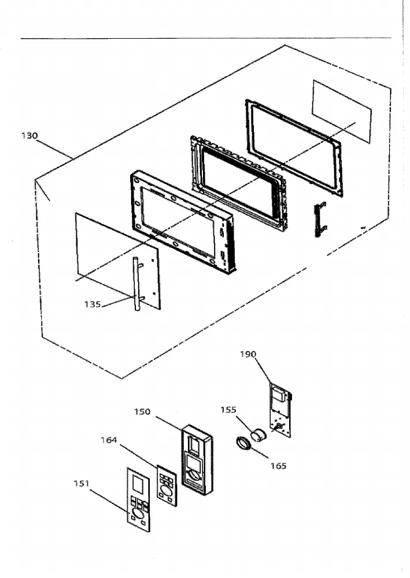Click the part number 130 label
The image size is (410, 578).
[29, 136]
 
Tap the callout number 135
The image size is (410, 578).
[92, 304]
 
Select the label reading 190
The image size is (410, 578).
[248, 354]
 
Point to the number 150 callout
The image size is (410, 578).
[142, 412]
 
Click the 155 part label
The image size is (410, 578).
[228, 410]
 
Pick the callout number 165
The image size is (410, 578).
[278, 466]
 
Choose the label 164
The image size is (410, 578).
[109, 440]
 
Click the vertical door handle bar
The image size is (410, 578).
[136, 284]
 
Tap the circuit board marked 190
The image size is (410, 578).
[281, 410]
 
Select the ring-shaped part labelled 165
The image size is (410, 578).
[243, 443]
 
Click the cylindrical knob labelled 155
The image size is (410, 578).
[259, 435]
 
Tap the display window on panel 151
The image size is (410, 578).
[137, 485]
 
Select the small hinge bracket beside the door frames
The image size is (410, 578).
[320, 219]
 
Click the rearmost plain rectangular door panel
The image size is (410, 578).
[341, 112]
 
